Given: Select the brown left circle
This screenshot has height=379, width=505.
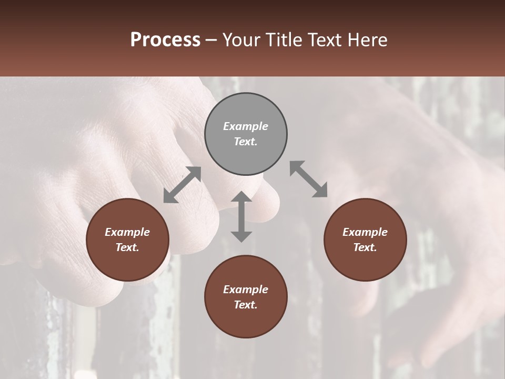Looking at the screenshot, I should [127, 263].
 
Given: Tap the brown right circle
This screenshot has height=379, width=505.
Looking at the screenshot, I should [365, 263].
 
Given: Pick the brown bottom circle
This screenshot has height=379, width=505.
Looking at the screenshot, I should [246, 321].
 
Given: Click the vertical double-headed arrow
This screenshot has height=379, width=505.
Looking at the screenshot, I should [241, 216].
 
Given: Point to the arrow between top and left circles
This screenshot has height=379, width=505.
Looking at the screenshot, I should [183, 185].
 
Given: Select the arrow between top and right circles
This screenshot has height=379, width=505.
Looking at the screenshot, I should [308, 179].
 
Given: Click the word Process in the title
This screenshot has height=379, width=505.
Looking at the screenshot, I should [165, 40].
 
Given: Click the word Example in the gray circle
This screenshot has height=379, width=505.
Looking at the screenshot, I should [246, 126].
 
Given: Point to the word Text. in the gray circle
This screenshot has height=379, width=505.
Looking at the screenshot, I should [246, 142].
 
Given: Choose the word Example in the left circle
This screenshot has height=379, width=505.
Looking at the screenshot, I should [127, 232].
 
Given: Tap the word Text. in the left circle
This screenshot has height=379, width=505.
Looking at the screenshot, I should [127, 247].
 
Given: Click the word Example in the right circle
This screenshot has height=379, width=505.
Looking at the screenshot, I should [365, 232].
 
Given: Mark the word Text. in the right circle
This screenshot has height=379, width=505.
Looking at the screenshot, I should [365, 247].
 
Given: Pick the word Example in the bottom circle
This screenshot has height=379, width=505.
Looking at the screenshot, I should [246, 290].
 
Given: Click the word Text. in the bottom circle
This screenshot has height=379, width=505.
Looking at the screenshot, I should [246, 305].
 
